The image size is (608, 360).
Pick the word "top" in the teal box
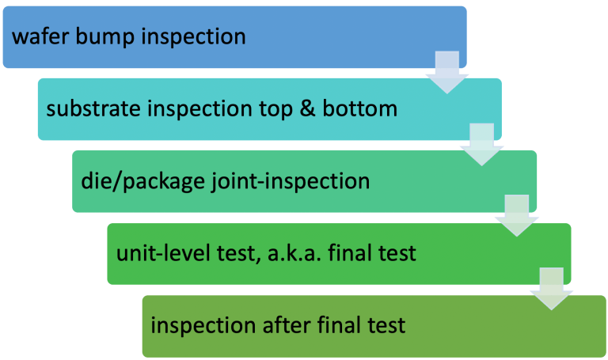pos(278,108)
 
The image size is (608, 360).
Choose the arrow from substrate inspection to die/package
pos(482,145)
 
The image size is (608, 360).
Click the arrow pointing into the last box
pos(552,290)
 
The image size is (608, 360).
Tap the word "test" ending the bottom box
pos(388,325)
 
